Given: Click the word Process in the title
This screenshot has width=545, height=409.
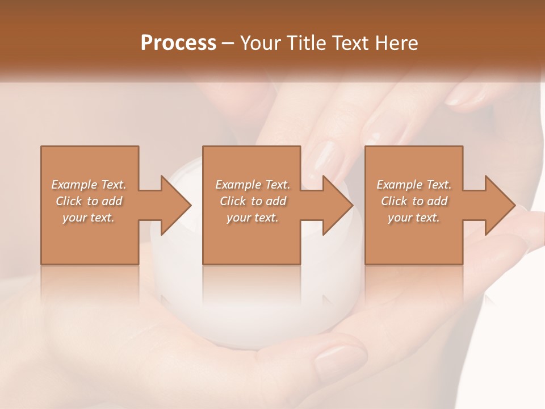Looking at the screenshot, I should coord(178,43).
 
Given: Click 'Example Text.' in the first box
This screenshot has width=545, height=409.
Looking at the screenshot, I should coord(89,185).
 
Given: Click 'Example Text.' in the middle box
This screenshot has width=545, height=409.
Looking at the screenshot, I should coord(253,185).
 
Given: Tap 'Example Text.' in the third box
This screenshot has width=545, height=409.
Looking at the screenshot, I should coord(414,185).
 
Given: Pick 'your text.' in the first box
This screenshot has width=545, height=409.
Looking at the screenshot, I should coord(89,218).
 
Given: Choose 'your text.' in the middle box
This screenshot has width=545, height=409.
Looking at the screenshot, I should coord(253,218).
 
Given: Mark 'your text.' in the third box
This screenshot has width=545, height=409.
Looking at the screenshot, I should coord(414,218).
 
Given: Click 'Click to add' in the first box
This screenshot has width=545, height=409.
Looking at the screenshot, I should coord(89,201).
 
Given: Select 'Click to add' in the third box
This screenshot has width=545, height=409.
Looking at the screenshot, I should coord(414,201).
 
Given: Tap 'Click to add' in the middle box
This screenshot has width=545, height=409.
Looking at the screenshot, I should coord(253,201).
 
